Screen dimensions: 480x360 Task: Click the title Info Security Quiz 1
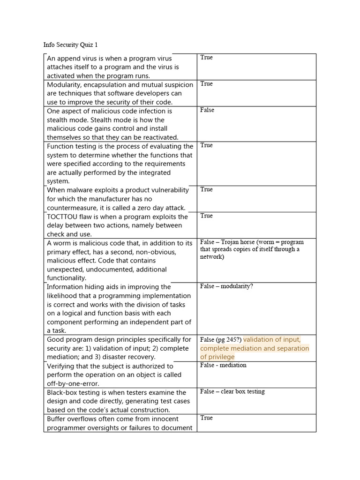click(70, 45)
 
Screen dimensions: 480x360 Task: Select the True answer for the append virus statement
click(206, 58)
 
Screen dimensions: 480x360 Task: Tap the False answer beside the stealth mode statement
click(207, 110)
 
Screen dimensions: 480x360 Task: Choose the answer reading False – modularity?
click(226, 286)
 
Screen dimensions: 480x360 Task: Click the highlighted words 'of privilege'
click(217, 357)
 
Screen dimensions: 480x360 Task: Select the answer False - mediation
click(223, 365)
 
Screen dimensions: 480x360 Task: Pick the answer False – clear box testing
click(232, 391)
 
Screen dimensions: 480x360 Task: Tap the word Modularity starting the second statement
click(65, 85)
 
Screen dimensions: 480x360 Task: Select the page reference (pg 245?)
click(229, 340)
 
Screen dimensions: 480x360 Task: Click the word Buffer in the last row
click(58, 419)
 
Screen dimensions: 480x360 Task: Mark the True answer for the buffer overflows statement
click(206, 418)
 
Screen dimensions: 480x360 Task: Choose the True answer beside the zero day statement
click(206, 189)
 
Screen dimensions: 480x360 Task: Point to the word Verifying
click(63, 366)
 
